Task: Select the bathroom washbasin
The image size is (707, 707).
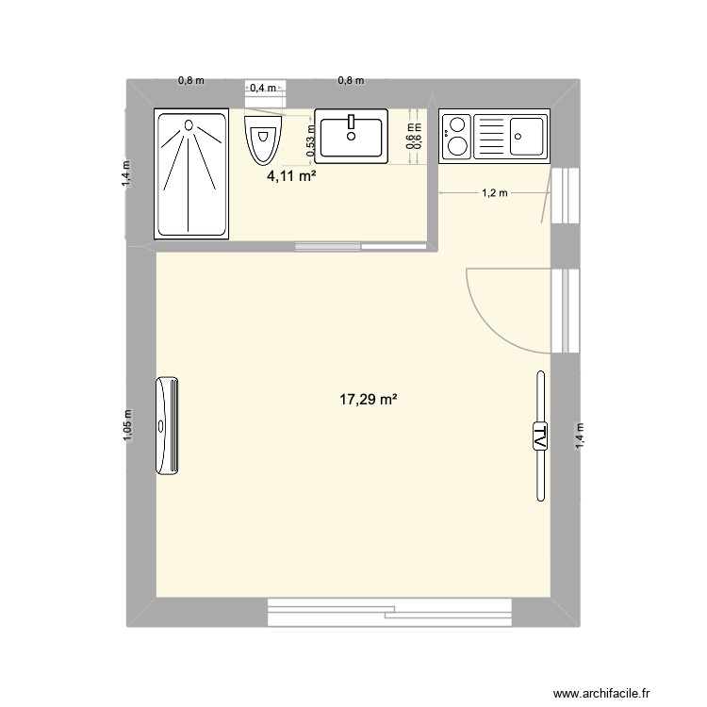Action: click(351, 135)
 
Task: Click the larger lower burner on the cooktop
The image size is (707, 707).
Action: click(457, 144)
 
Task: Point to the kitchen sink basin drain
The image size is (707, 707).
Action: click(523, 134)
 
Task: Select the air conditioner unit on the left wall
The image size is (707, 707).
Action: click(168, 425)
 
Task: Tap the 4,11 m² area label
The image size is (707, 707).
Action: click(290, 177)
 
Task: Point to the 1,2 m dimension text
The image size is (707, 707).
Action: click(495, 194)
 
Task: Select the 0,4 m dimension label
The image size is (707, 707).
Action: click(263, 89)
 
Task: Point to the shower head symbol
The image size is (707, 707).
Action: click(190, 124)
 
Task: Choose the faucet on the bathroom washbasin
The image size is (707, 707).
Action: click(351, 121)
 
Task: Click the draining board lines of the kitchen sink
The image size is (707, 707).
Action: click(490, 135)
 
